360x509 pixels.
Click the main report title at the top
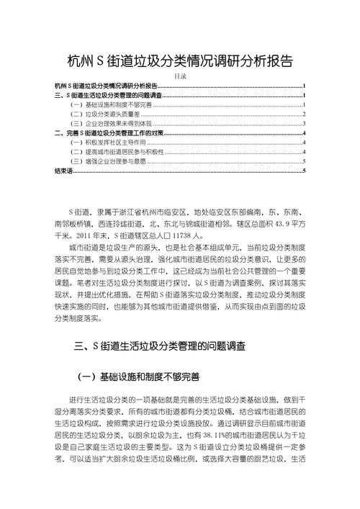point(180,61)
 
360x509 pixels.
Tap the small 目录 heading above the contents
point(180,76)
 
